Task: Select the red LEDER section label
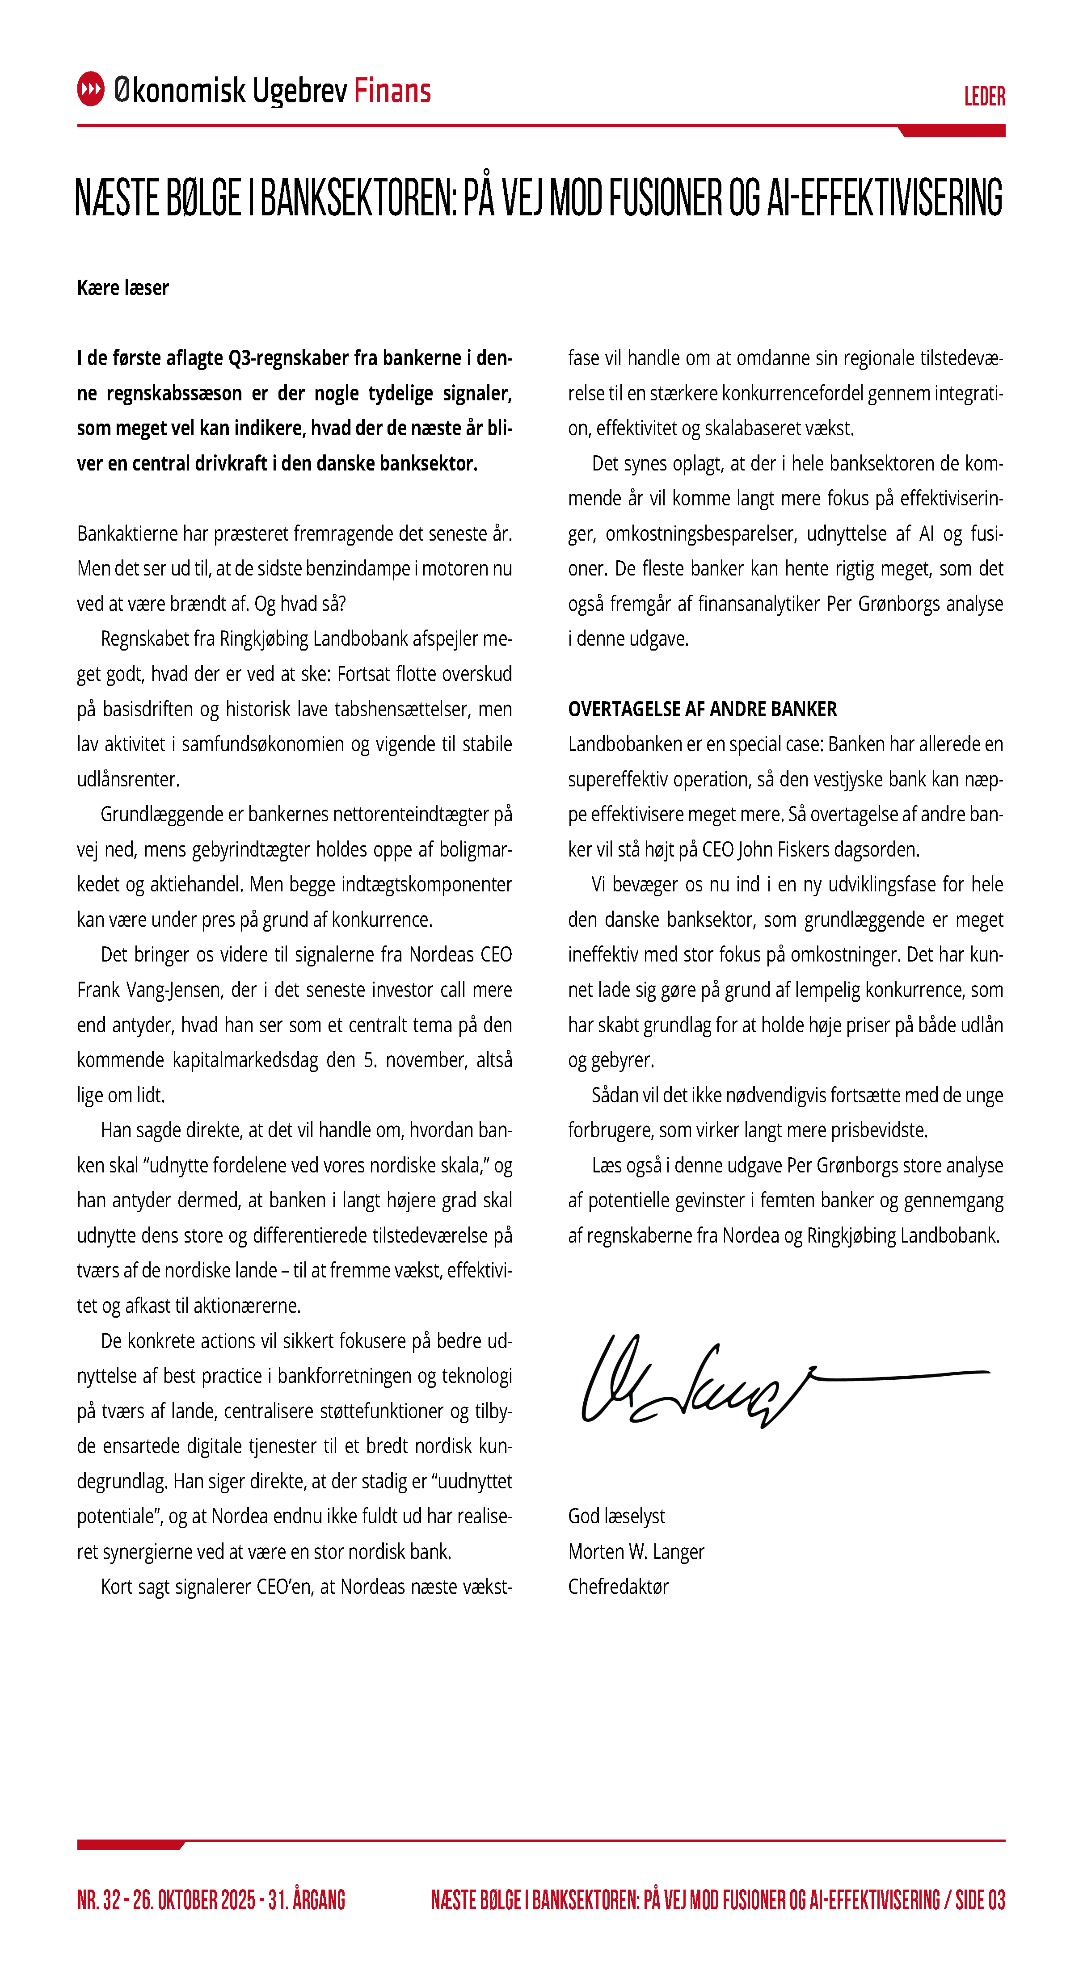(x=984, y=97)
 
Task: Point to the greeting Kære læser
(x=122, y=288)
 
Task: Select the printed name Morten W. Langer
(x=636, y=1552)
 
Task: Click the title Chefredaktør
(x=618, y=1587)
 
